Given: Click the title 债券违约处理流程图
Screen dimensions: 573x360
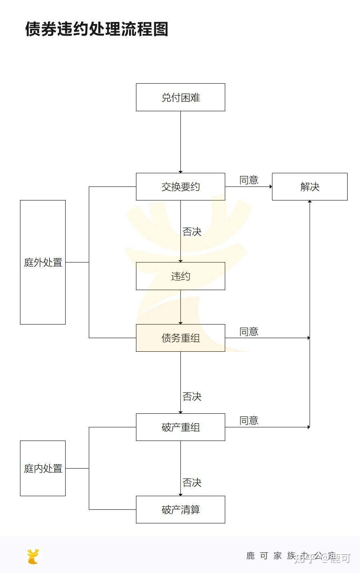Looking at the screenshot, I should point(96,29).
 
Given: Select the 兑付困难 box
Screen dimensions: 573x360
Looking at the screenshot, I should point(180,97).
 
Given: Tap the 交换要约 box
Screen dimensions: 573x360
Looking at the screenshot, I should point(180,186).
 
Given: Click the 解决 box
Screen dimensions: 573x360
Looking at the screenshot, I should point(310,186).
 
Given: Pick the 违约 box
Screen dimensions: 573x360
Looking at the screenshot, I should point(180,276).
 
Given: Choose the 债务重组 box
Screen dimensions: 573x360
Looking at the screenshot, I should point(180,338).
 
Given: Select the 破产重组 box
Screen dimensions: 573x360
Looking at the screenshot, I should point(180,427).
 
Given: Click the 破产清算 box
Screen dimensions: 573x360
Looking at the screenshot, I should point(180,509).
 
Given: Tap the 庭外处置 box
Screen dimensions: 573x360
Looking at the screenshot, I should point(43,262).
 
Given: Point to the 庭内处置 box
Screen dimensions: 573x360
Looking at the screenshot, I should point(43,468).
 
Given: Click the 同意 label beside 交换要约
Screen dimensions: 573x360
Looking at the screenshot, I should point(249,180).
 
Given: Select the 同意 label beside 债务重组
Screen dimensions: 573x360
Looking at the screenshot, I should point(249,332).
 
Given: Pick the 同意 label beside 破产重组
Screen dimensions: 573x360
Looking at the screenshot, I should point(249,421).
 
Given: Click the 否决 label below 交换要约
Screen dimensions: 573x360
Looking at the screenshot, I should point(192,232).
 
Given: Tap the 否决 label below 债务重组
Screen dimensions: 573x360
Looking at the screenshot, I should point(192,397).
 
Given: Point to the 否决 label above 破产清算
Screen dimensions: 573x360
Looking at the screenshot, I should point(192,483).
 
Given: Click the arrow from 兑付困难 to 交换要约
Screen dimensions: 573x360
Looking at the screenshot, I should point(180,142).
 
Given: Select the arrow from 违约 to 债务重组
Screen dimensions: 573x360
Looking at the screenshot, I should point(180,307).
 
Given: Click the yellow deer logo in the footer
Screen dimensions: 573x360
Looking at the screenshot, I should point(34,556).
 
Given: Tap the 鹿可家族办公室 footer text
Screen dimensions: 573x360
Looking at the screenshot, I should point(291,556).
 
